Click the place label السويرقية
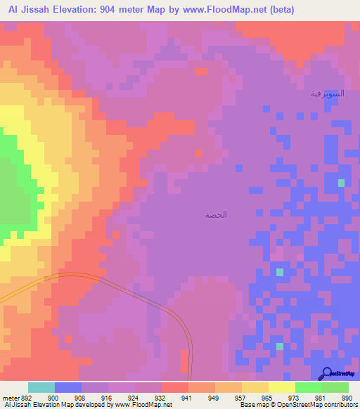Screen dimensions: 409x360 tap(327, 93)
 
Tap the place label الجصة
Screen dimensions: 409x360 tap(216, 214)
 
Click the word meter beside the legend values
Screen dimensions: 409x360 tap(11, 397)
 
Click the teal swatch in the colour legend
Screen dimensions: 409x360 tap(41, 387)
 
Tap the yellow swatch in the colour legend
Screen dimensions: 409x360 tap(282, 387)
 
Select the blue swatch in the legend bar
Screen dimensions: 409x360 tap(68, 387)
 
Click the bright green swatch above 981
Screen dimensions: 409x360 tap(309, 387)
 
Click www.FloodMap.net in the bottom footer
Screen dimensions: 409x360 tap(143, 405)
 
